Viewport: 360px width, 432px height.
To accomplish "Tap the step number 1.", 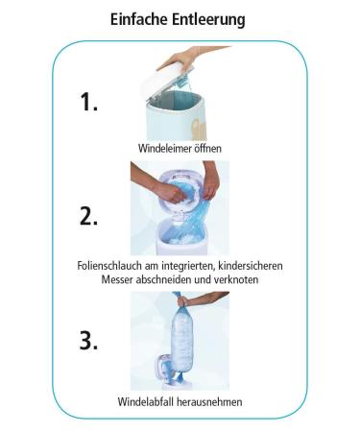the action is pyautogui.click(x=88, y=102).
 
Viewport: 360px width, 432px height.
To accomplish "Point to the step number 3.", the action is pyautogui.click(x=88, y=340).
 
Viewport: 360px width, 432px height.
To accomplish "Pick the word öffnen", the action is pyautogui.click(x=207, y=149).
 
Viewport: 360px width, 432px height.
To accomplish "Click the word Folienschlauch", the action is pyautogui.click(x=109, y=266).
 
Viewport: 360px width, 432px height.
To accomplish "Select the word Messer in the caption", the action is pyautogui.click(x=117, y=279).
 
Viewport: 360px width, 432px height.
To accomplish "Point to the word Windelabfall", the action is pyautogui.click(x=145, y=401).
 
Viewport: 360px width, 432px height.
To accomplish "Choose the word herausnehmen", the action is pyautogui.click(x=209, y=401).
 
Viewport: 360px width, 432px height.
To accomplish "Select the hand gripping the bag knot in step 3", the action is pyautogui.click(x=183, y=300).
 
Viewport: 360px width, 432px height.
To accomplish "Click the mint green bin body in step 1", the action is pyautogui.click(x=175, y=123).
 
